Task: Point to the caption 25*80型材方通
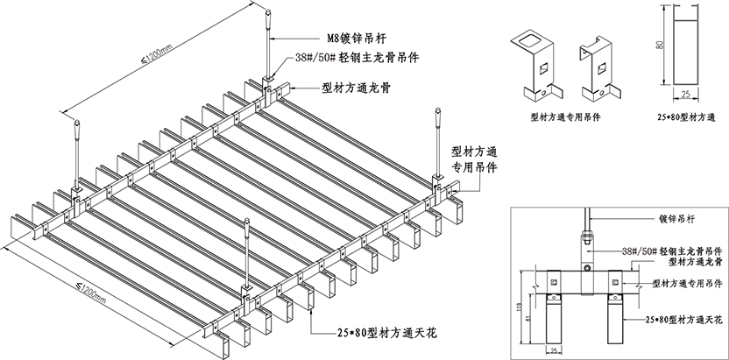[686, 115]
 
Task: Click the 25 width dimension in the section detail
[554, 350]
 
